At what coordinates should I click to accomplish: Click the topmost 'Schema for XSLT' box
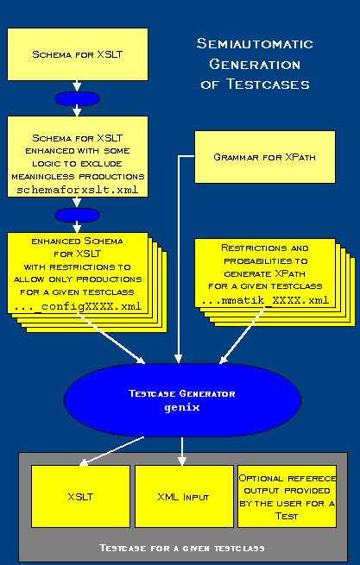pyautogui.click(x=78, y=53)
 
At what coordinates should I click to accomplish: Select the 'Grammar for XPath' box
pyautogui.click(x=252, y=157)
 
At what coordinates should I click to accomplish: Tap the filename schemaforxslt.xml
pyautogui.click(x=78, y=188)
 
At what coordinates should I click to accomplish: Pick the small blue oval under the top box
pyautogui.click(x=78, y=97)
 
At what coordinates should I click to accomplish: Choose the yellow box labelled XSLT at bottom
pyautogui.click(x=80, y=497)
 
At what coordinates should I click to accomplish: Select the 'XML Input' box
pyautogui.click(x=183, y=497)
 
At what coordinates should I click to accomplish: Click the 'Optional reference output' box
pyautogui.click(x=287, y=497)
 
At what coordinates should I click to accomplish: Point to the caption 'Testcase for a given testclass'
pyautogui.click(x=181, y=547)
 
